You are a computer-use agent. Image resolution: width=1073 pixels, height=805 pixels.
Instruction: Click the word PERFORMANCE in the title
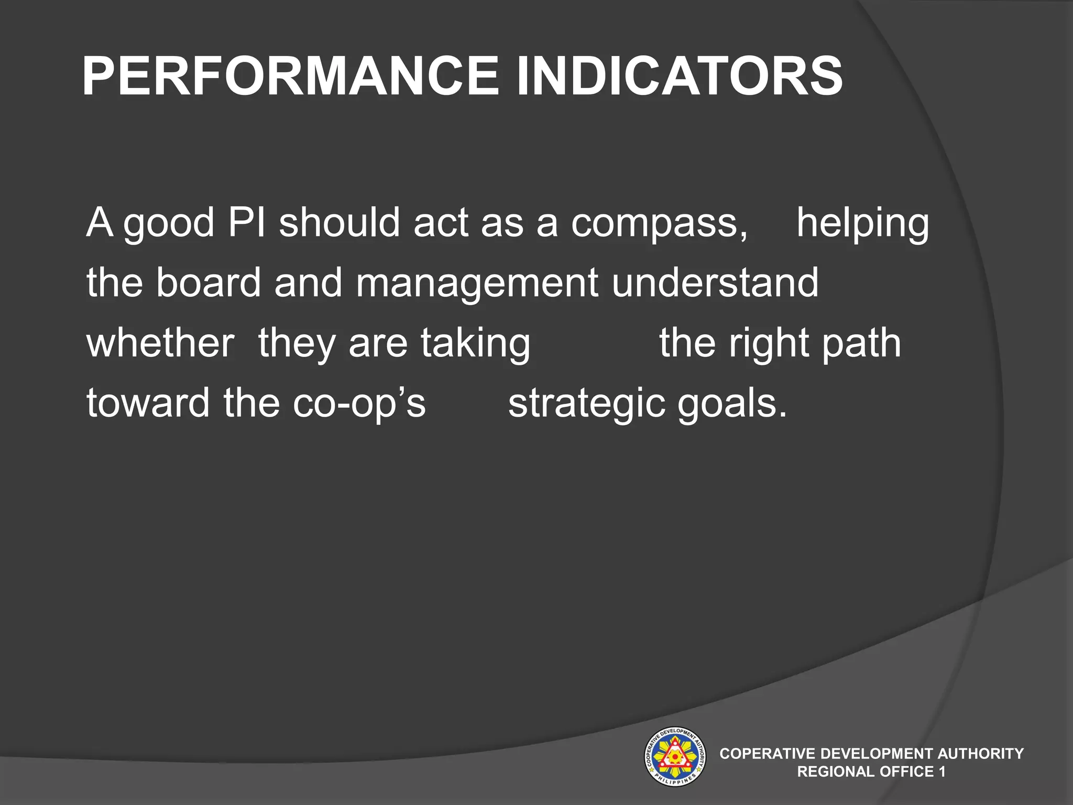(291, 77)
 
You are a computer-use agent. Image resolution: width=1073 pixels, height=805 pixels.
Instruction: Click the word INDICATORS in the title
(680, 77)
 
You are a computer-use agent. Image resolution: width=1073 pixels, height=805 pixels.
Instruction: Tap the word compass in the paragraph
(659, 223)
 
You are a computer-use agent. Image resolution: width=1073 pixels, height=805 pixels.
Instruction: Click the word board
(208, 282)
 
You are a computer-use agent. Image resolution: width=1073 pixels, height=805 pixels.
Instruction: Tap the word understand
(715, 282)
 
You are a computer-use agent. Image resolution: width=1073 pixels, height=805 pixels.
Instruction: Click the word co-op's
(359, 404)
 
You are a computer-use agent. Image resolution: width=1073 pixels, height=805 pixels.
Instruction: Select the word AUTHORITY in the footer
(980, 754)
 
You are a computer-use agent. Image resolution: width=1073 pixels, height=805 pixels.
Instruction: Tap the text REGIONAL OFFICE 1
(871, 771)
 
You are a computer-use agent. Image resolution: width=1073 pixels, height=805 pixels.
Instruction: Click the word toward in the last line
(148, 403)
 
